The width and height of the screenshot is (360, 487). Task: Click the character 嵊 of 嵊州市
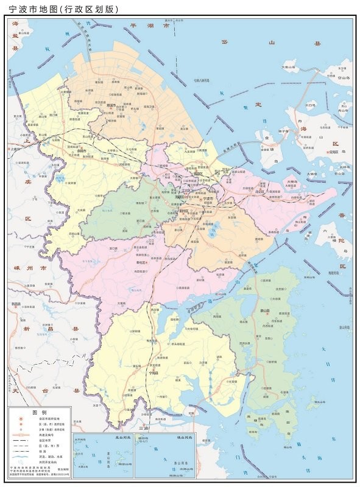coord(16,268)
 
